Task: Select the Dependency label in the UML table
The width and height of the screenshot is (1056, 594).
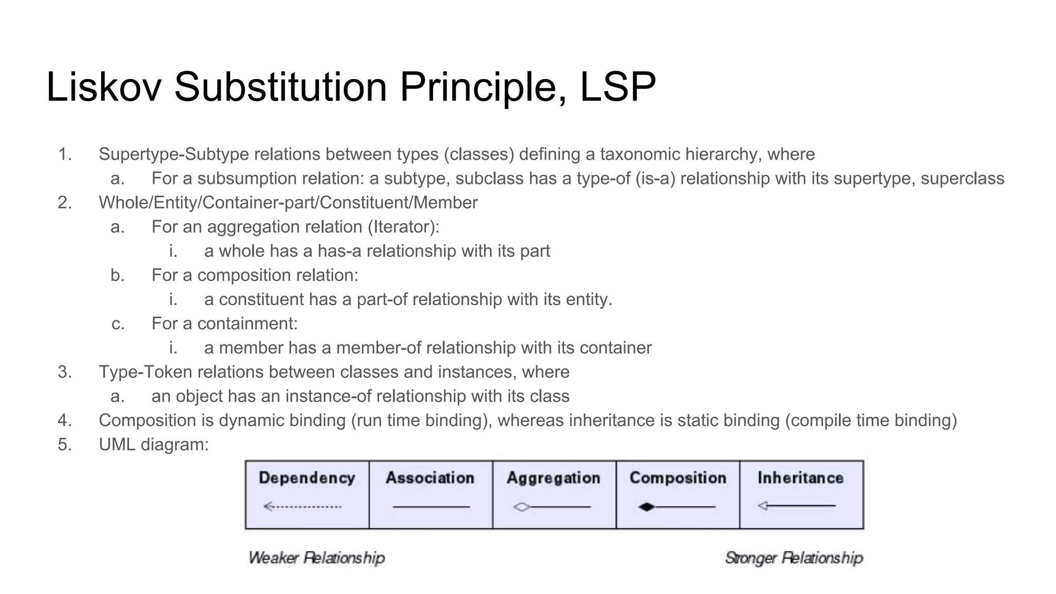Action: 307,478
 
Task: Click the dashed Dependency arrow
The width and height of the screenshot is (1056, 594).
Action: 303,507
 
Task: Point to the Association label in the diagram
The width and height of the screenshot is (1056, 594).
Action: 430,478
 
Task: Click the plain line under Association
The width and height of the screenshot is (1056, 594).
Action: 431,507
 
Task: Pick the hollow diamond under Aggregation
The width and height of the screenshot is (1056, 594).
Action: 522,507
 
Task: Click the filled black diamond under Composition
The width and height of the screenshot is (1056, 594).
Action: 646,507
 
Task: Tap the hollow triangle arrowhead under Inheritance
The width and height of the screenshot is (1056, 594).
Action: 763,506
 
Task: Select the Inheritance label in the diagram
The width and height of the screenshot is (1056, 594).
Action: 800,478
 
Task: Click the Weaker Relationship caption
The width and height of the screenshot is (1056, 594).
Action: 317,558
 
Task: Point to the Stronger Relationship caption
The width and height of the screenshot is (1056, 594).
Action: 794,558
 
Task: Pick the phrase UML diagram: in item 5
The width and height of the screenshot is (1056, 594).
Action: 154,444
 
